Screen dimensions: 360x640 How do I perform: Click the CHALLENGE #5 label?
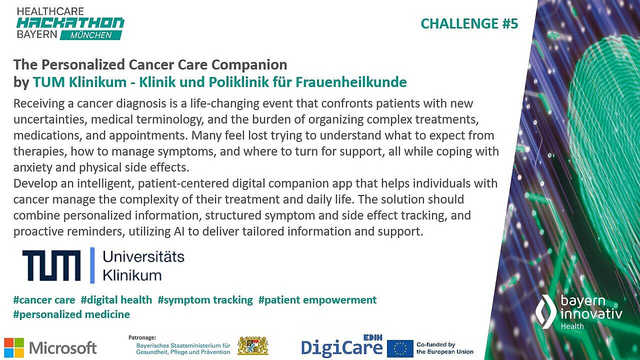(x=469, y=23)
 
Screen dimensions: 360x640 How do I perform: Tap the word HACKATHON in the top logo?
(x=70, y=23)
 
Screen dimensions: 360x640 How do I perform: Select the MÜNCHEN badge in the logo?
(x=91, y=35)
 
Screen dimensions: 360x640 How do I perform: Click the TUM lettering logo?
(x=51, y=265)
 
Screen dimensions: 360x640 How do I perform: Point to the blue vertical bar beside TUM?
(x=92, y=265)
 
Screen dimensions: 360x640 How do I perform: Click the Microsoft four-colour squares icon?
(x=14, y=347)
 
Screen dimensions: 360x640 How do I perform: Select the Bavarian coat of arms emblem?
(x=252, y=345)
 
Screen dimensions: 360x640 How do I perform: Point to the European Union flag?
(x=400, y=348)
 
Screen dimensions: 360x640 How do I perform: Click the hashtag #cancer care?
(x=44, y=300)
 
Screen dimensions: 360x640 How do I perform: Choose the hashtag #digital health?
(x=116, y=300)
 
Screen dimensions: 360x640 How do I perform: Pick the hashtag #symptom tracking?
(x=205, y=300)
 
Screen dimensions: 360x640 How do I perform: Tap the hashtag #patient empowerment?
(x=317, y=300)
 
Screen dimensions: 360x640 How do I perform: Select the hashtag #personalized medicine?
(x=71, y=314)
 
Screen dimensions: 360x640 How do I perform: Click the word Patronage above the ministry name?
(x=142, y=337)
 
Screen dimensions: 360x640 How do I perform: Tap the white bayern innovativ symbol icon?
(x=546, y=311)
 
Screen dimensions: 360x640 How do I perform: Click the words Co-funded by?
(x=435, y=344)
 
